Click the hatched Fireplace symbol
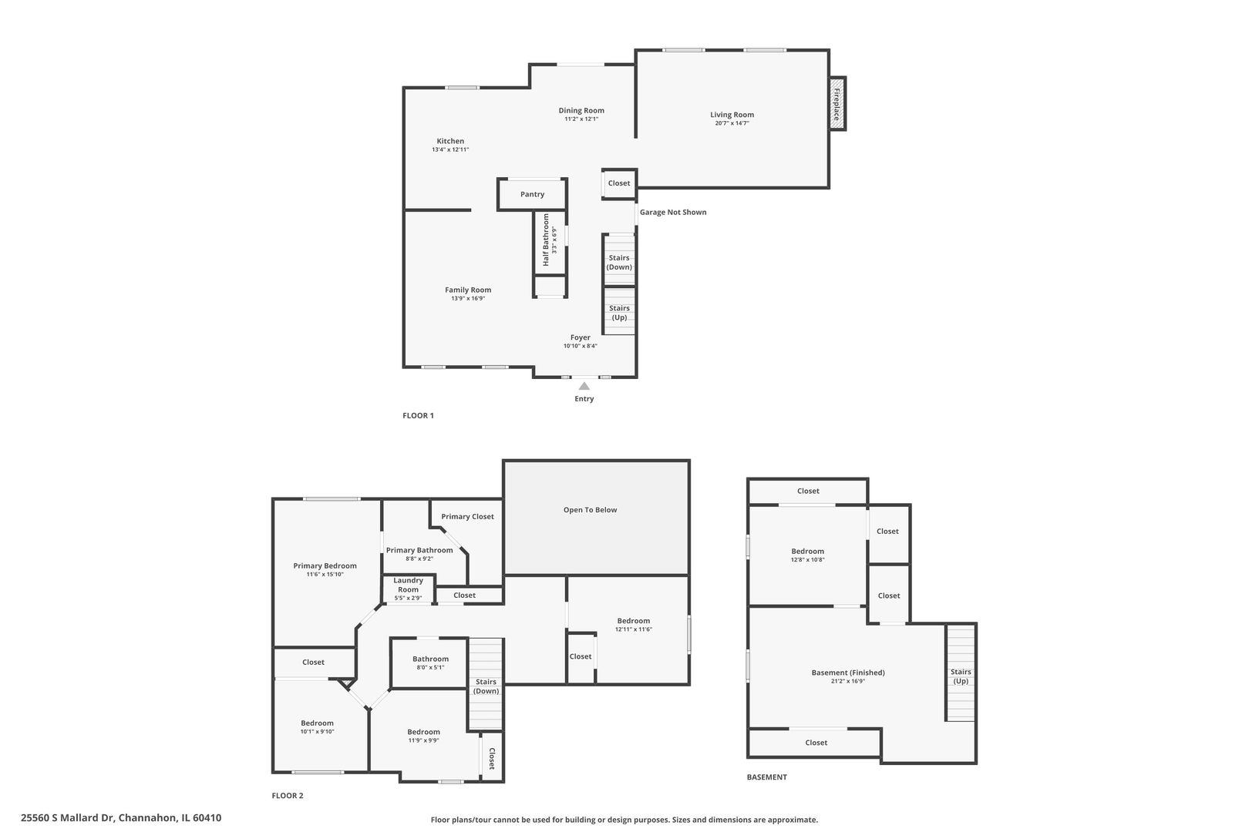[837, 104]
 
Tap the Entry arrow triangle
[584, 386]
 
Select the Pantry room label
[532, 194]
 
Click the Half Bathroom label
[546, 240]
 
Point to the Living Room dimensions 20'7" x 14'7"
[732, 123]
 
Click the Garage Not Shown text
[673, 212]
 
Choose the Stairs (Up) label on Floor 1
[619, 313]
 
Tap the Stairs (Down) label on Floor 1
[619, 263]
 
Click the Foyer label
[580, 337]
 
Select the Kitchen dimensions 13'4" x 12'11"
[450, 149]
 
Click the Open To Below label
[590, 509]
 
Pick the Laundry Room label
[408, 585]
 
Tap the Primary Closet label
[467, 517]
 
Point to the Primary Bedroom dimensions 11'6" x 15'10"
[325, 574]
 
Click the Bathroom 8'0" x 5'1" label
[430, 663]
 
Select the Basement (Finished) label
[847, 673]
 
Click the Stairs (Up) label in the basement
[961, 676]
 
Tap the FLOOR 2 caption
[287, 795]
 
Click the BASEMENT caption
[766, 777]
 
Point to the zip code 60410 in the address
[207, 817]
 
